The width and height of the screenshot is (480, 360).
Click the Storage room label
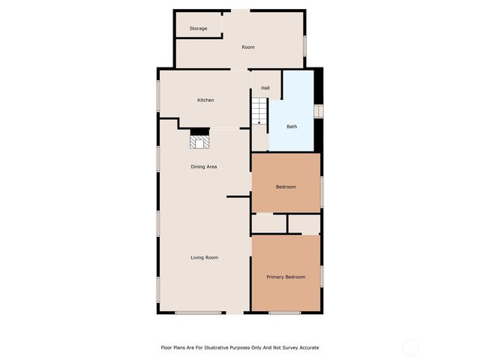(198, 28)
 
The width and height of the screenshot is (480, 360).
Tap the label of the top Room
(248, 47)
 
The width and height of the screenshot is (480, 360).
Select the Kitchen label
(205, 100)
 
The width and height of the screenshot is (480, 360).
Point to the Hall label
(265, 88)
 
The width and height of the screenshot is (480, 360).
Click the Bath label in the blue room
(292, 126)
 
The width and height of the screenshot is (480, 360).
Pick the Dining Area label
(203, 166)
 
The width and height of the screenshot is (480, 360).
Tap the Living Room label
(204, 257)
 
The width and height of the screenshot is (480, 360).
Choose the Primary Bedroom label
(286, 277)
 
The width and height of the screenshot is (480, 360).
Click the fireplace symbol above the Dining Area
(199, 139)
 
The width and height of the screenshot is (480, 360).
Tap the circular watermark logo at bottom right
(410, 347)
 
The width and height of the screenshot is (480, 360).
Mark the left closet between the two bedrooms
(268, 223)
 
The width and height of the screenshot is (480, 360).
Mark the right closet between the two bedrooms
(304, 223)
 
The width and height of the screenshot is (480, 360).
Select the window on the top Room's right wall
(304, 45)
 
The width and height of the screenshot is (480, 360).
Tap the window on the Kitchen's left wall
(158, 96)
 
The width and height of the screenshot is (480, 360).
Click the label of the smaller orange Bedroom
(286, 187)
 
